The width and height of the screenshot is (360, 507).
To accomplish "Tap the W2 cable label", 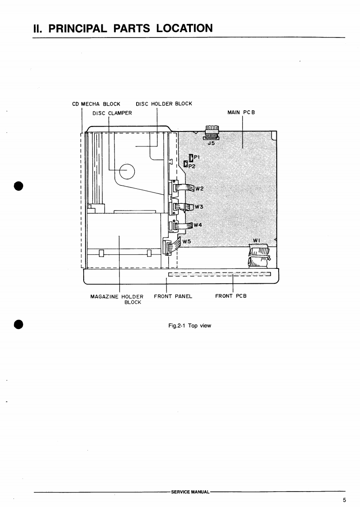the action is [199, 189].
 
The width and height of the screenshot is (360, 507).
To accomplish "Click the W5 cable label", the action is [186, 241].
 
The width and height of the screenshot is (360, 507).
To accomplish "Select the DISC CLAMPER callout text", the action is [112, 113].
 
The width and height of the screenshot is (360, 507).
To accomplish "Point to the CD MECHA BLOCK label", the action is [96, 104].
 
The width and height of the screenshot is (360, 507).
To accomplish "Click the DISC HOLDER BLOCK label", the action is [164, 103].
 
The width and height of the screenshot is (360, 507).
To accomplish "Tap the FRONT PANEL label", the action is [173, 296].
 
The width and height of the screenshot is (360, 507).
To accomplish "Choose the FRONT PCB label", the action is [231, 296].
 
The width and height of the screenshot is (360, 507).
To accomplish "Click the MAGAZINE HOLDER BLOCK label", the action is [120, 299].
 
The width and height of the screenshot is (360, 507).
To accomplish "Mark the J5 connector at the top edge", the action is [212, 134].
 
